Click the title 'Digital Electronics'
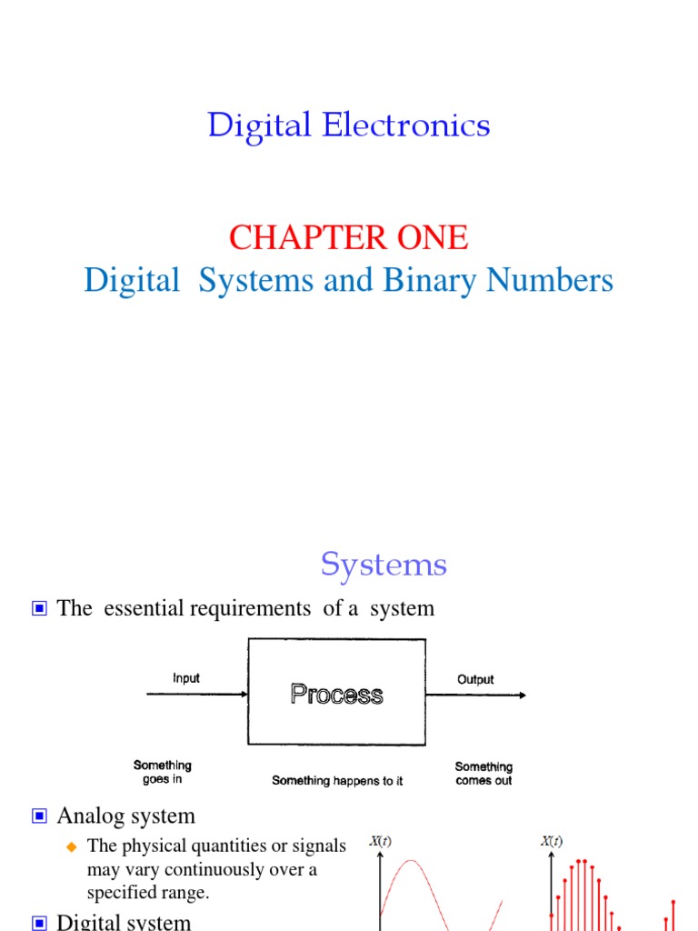[x=349, y=125]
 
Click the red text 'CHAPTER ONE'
[x=349, y=238]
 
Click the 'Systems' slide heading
[x=384, y=566]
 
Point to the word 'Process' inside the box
[x=336, y=695]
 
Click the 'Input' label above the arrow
[x=186, y=678]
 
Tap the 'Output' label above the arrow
[x=475, y=679]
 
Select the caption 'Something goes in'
[x=163, y=773]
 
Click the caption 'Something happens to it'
[x=337, y=781]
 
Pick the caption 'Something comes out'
[x=484, y=774]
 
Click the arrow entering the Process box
[x=196, y=695]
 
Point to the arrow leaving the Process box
[x=474, y=696]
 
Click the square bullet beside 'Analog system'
[x=39, y=816]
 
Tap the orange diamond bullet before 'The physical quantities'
[x=73, y=847]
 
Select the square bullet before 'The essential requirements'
[x=39, y=609]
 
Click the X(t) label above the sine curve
[x=380, y=842]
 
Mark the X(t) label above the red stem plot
[x=552, y=842]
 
